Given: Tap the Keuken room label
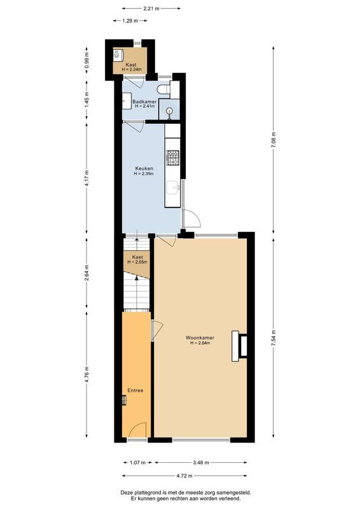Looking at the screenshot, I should coord(144,168).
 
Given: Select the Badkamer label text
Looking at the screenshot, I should coord(144,101).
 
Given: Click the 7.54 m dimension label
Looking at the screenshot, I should coord(273,337).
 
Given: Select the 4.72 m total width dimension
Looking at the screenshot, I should coord(185,474).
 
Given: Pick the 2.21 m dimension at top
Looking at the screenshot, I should coord(151,9).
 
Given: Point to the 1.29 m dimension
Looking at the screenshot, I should coord(131,21).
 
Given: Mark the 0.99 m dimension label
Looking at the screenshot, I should coord(87,60).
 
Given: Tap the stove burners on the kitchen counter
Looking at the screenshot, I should coord(172,156).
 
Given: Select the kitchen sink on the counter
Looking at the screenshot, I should coord(172,188).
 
